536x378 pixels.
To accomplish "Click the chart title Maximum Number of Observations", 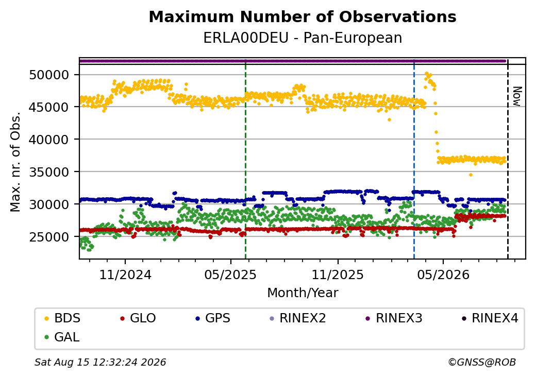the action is tap(303, 16).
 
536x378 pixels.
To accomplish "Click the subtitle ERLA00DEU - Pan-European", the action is tap(303, 38).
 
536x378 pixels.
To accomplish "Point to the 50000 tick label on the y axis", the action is tap(49, 75).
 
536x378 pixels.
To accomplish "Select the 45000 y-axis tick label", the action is tap(49, 107).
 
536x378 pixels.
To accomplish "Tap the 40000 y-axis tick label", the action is tap(49, 140).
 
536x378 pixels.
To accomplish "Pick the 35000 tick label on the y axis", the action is tap(49, 172).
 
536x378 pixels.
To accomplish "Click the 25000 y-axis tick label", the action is tap(49, 236).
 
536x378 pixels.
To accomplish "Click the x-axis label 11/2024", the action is tap(125, 274).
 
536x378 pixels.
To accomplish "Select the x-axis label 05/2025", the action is tap(230, 274).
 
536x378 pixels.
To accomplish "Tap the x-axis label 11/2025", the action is tap(338, 274).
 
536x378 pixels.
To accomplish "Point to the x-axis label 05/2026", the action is tap(443, 274).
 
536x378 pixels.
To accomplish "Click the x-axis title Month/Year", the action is tap(303, 293).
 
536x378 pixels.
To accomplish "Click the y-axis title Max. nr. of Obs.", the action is tap(15, 162).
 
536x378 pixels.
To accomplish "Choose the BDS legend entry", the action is tap(63, 318).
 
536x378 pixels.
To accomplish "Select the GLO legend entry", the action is tap(138, 318).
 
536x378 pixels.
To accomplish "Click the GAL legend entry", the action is tap(62, 337).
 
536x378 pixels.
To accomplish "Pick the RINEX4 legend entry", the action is tap(490, 318).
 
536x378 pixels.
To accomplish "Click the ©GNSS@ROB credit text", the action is tap(482, 362).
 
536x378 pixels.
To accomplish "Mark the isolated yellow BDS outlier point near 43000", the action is tap(389, 119).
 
